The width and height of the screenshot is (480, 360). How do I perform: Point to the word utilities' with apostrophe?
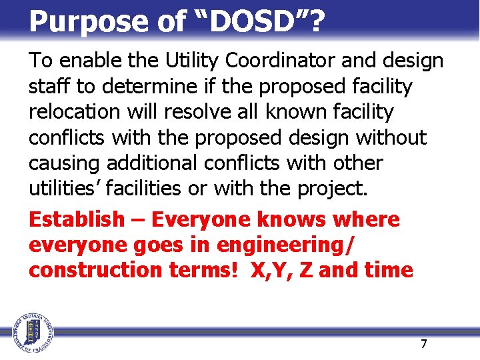[65, 189]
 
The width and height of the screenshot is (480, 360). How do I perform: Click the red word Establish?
[77, 219]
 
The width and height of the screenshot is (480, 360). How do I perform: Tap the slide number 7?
[423, 344]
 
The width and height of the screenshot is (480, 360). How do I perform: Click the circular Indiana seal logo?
[31, 331]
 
